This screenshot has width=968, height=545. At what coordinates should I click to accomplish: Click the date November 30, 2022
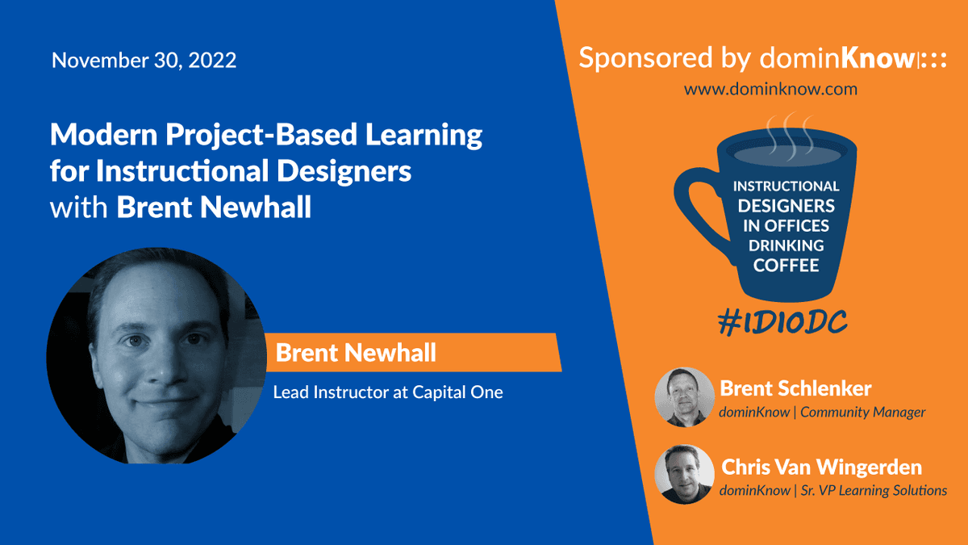(x=144, y=60)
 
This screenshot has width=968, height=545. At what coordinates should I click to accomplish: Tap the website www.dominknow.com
(x=770, y=89)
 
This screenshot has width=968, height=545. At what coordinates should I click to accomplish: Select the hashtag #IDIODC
(x=782, y=323)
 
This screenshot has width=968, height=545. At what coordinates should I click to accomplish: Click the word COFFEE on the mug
(x=786, y=265)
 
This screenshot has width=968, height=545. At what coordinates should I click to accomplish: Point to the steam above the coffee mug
(x=790, y=135)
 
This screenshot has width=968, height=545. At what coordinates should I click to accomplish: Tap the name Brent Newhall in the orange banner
(x=356, y=353)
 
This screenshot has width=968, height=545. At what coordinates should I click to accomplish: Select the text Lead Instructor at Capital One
(x=388, y=392)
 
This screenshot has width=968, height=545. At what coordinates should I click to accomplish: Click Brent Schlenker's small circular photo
(x=684, y=397)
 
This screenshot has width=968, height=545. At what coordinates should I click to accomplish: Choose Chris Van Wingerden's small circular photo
(x=684, y=475)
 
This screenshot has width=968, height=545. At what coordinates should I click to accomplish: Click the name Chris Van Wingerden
(x=821, y=467)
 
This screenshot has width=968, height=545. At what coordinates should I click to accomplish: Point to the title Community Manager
(x=862, y=413)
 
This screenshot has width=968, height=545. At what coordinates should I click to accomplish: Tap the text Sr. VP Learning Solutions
(x=874, y=491)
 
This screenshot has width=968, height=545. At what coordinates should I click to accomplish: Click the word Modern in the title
(x=104, y=135)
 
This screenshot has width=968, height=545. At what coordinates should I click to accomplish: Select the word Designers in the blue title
(x=344, y=171)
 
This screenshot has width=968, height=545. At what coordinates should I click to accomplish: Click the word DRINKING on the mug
(x=786, y=245)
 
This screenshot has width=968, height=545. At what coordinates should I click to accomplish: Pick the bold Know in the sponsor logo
(x=878, y=58)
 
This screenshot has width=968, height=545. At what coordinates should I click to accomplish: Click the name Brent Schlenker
(x=795, y=388)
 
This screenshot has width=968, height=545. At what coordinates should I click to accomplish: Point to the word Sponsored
(x=645, y=58)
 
